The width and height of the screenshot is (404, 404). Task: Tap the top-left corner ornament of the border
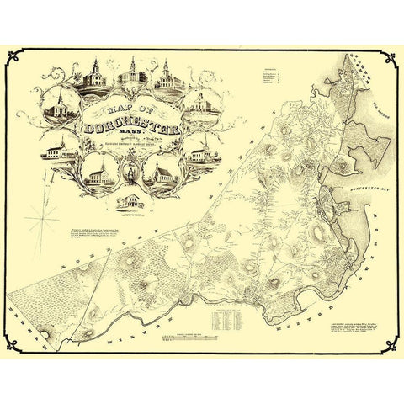[12, 58]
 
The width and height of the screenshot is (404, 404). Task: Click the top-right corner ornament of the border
[392, 58]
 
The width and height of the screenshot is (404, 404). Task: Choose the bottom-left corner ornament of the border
[12, 346]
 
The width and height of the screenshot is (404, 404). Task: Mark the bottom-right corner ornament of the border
[392, 346]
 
